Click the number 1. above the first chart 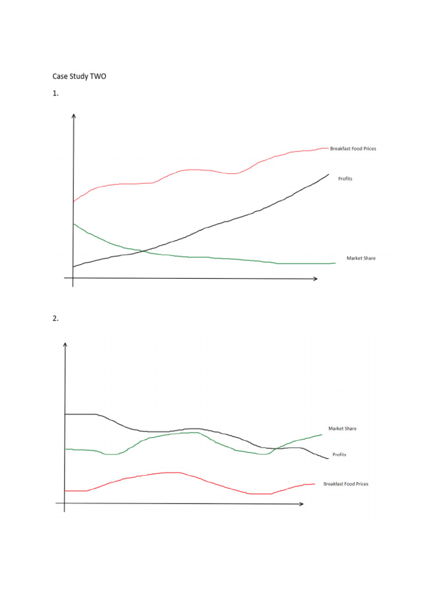tap(56, 93)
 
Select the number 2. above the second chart tap(56, 318)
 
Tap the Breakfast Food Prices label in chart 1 tap(353, 149)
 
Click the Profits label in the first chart tap(345, 179)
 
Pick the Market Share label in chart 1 tap(361, 258)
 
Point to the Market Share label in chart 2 tap(342, 429)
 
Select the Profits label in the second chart tap(339, 455)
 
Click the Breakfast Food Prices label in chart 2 tap(346, 484)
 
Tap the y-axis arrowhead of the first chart tap(73, 115)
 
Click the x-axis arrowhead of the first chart tap(315, 279)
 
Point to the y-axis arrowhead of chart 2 tap(65, 343)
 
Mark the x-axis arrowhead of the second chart tap(301, 504)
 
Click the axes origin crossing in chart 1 tap(73, 279)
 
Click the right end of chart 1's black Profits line tap(328, 174)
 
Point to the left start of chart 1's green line tap(74, 223)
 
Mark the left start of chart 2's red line tap(65, 491)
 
